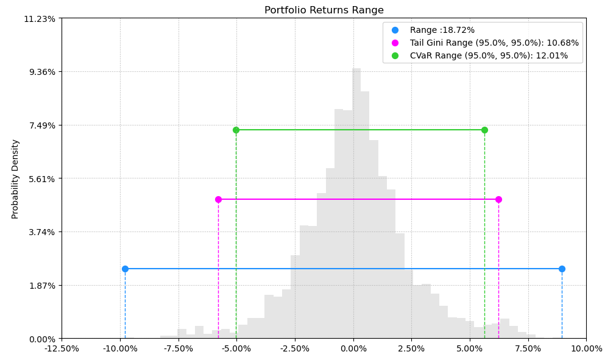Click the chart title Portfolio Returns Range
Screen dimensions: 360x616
tap(324, 10)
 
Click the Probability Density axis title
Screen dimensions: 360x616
tap(15, 178)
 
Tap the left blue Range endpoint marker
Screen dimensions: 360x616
tap(125, 269)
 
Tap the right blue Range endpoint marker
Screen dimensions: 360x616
tap(562, 269)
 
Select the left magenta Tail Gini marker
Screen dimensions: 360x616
tap(218, 199)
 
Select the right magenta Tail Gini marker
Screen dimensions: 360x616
tap(498, 199)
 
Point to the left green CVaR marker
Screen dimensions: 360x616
tap(236, 130)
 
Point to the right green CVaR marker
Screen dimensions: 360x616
tap(484, 130)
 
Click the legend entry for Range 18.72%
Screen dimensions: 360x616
tap(442, 30)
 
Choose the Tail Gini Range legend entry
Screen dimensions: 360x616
tap(494, 43)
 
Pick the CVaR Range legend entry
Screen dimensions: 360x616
tap(488, 55)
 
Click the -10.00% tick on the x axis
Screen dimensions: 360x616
tap(120, 349)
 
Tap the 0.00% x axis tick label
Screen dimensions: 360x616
tap(353, 349)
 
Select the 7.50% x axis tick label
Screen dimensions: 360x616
tap(528, 349)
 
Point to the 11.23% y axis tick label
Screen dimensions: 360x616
tap(40, 19)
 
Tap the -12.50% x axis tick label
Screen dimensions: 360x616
tap(62, 349)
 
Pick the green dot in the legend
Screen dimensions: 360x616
tap(395, 55)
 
